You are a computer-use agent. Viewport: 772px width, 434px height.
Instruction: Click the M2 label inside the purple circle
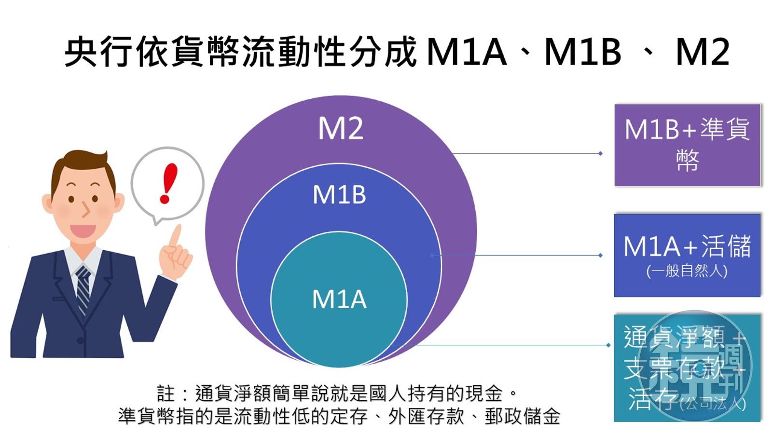[x=341, y=129]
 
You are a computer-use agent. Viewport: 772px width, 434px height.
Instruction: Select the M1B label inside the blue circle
[x=339, y=195]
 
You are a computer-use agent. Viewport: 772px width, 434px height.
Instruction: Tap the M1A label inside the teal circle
[x=339, y=299]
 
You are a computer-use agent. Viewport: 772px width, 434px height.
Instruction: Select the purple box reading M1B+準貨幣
[x=687, y=145]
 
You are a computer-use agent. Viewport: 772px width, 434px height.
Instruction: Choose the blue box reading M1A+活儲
[x=687, y=255]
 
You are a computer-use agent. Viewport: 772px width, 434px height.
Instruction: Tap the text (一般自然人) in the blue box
[x=687, y=271]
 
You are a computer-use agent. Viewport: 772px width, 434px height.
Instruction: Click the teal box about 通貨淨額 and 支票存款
[x=687, y=368]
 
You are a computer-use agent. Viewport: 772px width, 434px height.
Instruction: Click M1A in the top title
[x=467, y=52]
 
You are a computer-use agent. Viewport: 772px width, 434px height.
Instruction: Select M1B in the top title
[x=582, y=52]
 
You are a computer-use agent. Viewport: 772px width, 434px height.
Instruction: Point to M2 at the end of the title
[x=702, y=52]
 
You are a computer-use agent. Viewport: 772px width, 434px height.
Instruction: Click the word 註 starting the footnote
[x=165, y=393]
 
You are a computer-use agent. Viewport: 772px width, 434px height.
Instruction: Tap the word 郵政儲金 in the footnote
[x=522, y=416]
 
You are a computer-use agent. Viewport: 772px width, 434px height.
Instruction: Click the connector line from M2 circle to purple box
[x=526, y=153]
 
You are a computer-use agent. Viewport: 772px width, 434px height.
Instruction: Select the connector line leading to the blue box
[x=516, y=255]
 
